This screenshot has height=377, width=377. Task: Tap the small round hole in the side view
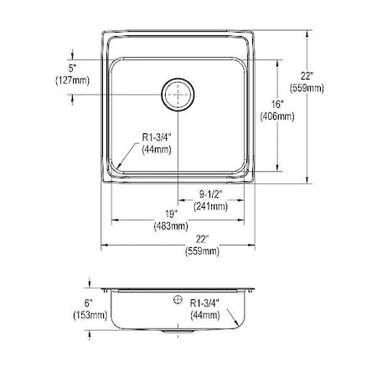(x=177, y=299)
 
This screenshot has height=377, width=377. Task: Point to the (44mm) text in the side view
(x=205, y=316)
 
